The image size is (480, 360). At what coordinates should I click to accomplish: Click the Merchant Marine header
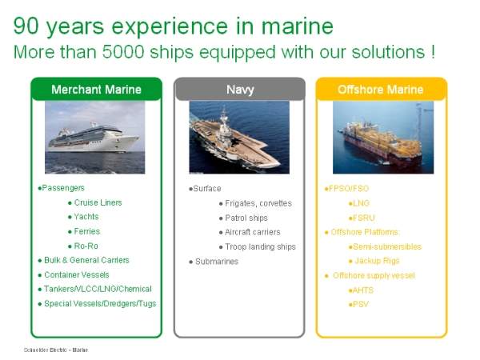[97, 89]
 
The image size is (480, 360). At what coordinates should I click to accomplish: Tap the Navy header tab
[240, 89]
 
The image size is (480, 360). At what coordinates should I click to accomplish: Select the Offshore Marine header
[381, 89]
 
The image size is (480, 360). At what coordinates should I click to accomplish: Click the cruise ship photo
[95, 138]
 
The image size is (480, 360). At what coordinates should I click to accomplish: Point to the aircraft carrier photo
[239, 138]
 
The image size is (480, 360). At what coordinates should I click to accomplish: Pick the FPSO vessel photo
[383, 138]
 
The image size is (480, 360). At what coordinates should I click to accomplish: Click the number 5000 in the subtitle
[123, 52]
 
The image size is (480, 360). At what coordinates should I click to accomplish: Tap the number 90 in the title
[26, 26]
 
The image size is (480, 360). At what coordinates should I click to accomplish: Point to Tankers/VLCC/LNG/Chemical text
[98, 289]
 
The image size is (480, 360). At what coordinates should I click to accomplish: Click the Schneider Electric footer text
[56, 350]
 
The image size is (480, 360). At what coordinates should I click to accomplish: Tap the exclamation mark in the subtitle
[433, 52]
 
